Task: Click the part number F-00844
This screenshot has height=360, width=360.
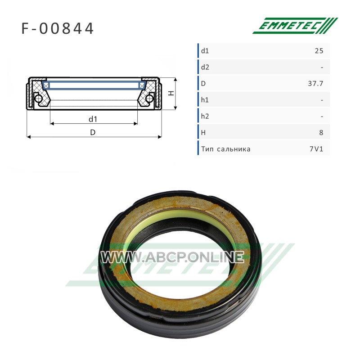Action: [x=58, y=28]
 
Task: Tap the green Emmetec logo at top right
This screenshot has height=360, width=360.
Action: [x=295, y=26]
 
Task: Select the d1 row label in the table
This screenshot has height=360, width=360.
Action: [x=205, y=51]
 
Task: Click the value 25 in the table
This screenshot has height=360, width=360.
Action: [x=319, y=51]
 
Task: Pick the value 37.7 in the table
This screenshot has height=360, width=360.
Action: [x=315, y=84]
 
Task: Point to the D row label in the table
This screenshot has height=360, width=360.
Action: [x=203, y=84]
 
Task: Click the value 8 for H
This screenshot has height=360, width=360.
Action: [x=321, y=133]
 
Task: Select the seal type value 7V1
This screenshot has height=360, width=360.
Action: [x=316, y=149]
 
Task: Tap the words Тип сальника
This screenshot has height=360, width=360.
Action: [x=226, y=149]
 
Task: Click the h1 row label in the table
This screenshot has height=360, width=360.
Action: [x=205, y=100]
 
